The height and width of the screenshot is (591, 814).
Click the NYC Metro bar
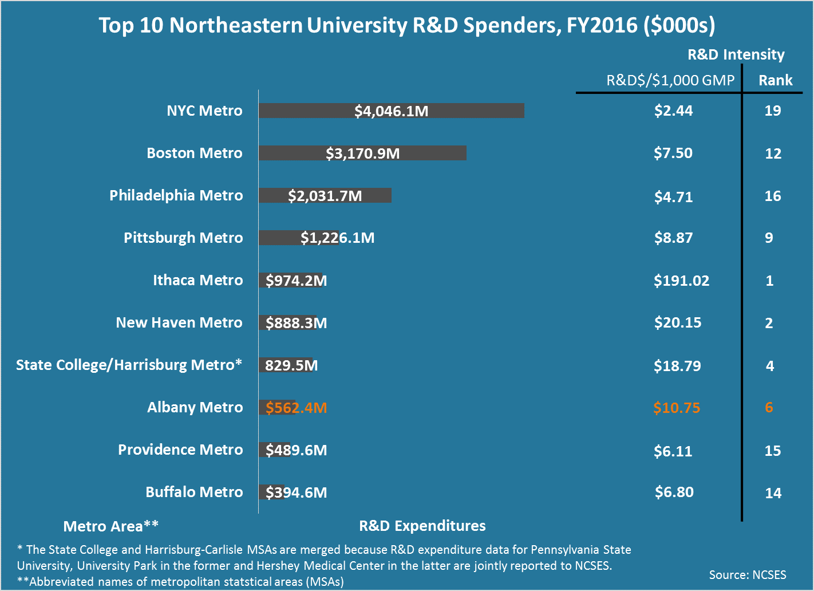click(x=391, y=111)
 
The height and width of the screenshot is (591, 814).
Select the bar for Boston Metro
click(x=362, y=153)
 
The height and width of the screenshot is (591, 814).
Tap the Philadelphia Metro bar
click(x=325, y=195)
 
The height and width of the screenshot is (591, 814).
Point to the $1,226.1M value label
click(x=337, y=238)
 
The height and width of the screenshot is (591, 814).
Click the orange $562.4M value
click(x=296, y=408)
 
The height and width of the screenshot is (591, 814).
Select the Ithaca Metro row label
click(x=197, y=280)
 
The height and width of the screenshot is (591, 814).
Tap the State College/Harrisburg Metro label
click(x=129, y=365)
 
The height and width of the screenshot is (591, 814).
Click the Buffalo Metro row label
click(x=194, y=492)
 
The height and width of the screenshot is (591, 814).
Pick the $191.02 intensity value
click(x=681, y=281)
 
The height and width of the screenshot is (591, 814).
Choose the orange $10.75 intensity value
click(x=677, y=408)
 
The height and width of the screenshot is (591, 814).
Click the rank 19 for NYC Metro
click(x=772, y=111)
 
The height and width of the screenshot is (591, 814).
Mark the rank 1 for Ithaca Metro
click(x=769, y=281)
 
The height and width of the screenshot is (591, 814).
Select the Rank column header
click(x=775, y=80)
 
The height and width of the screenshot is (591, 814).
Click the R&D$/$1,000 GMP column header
click(x=670, y=80)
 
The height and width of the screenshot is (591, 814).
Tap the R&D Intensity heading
click(x=736, y=54)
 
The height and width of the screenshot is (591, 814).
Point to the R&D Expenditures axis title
click(x=422, y=526)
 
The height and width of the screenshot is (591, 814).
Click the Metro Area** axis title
click(x=110, y=526)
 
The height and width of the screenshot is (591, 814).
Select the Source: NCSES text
click(x=747, y=575)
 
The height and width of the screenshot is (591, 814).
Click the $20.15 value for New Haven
click(x=677, y=322)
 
